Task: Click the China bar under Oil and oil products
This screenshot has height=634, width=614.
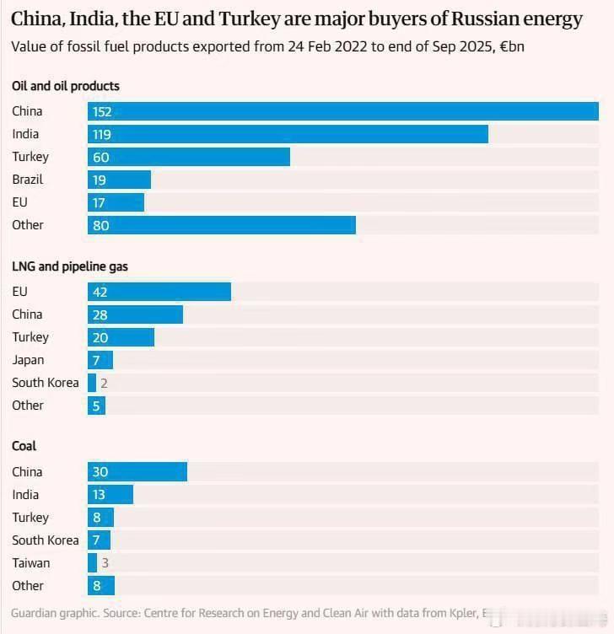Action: click(x=342, y=111)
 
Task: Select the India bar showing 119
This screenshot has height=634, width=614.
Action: click(x=288, y=134)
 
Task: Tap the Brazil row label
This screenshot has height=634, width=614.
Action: click(x=28, y=180)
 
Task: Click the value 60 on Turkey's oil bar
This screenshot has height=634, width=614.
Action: click(x=101, y=157)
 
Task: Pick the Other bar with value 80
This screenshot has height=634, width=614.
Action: click(x=221, y=225)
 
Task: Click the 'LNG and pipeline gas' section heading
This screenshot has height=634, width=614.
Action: click(x=70, y=266)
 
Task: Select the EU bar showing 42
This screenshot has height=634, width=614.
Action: click(x=159, y=292)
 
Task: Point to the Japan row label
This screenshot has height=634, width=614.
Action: click(x=28, y=360)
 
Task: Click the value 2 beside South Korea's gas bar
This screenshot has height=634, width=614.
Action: click(x=104, y=383)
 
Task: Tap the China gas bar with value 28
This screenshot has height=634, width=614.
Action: click(x=135, y=314)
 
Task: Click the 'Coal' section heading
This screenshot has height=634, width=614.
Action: click(x=24, y=446)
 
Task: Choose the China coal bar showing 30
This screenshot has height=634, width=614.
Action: click(x=137, y=472)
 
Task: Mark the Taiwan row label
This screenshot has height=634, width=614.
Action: click(x=30, y=563)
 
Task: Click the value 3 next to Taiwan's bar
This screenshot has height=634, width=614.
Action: click(x=105, y=563)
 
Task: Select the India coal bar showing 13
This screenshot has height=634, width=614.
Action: click(x=110, y=495)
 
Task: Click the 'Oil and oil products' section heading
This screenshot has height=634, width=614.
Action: click(x=66, y=86)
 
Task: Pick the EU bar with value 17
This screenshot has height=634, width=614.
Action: click(x=116, y=202)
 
